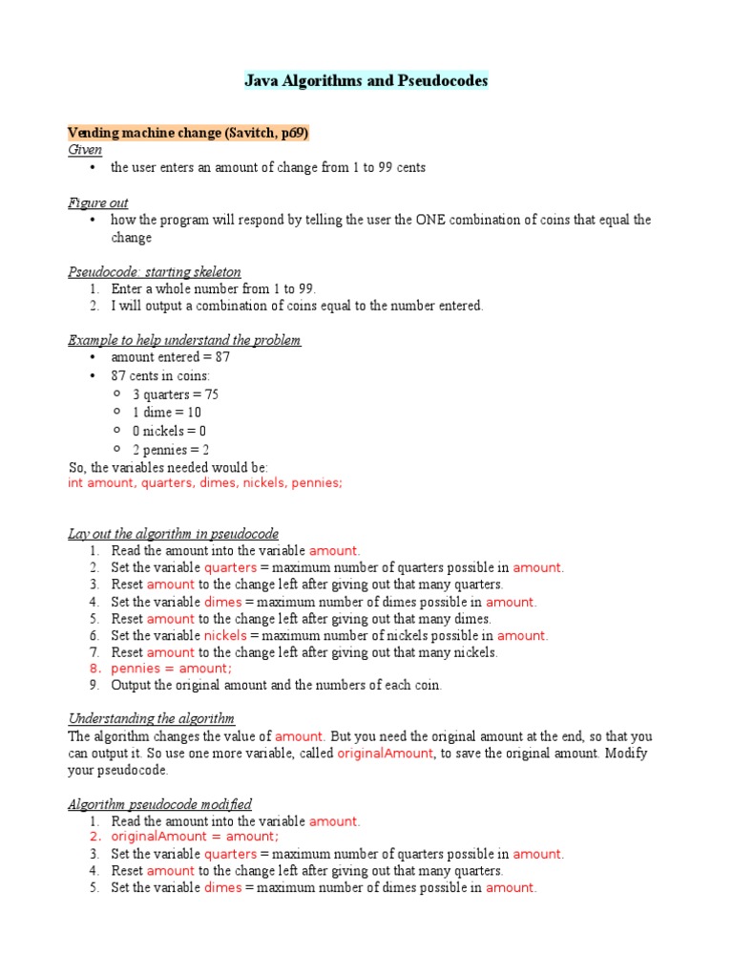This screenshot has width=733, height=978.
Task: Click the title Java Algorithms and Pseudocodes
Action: (x=366, y=81)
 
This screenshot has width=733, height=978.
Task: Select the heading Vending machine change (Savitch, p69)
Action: (x=188, y=133)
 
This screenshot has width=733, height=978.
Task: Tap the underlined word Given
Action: (x=85, y=150)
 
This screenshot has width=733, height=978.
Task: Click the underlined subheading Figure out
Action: (x=98, y=202)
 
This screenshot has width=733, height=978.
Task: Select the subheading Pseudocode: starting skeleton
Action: (x=155, y=272)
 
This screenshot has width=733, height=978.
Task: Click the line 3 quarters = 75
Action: (x=168, y=394)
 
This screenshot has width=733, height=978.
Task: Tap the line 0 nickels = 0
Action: (x=169, y=431)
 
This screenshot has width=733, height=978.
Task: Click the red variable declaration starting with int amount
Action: (x=205, y=483)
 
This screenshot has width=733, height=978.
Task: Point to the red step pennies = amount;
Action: (x=172, y=669)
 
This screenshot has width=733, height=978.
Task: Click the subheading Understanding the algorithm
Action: (x=152, y=718)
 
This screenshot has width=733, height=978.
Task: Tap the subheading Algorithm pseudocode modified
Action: (x=160, y=804)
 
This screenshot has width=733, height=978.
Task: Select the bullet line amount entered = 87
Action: (x=171, y=357)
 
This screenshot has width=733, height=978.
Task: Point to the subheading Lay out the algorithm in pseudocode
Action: (x=174, y=533)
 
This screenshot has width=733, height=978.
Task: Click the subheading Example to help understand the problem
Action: (x=185, y=340)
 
